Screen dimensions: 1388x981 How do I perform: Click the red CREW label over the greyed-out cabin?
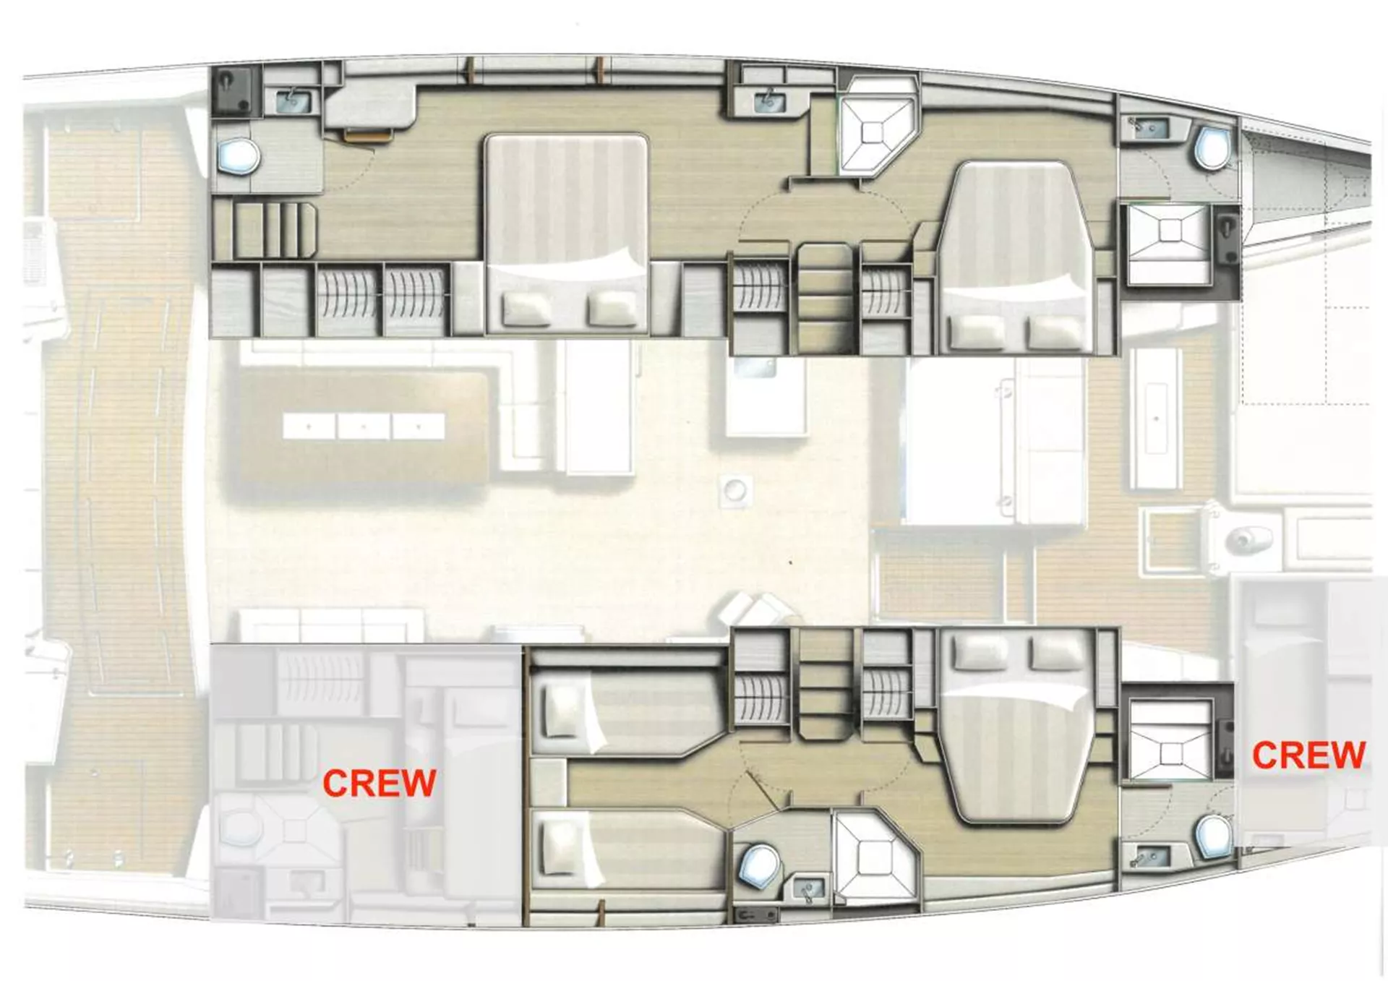tap(379, 783)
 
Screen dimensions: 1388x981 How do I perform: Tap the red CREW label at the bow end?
tap(1308, 755)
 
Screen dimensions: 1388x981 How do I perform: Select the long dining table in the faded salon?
tap(363, 427)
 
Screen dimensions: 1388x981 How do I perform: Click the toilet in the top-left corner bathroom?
tap(239, 156)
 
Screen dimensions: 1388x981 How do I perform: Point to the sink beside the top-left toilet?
tap(294, 101)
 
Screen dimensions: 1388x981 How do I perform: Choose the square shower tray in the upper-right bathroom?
tap(1169, 244)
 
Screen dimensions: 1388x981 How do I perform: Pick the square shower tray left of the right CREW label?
tap(1169, 739)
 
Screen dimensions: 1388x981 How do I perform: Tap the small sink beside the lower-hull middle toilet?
tap(809, 888)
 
